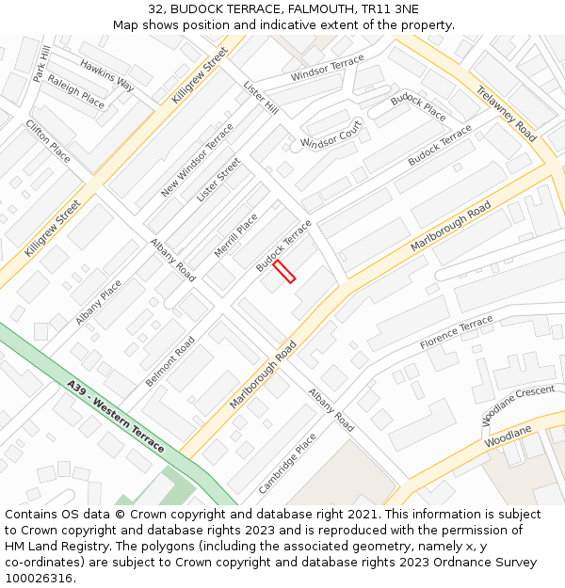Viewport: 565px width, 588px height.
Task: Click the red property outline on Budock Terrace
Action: pos(284,272)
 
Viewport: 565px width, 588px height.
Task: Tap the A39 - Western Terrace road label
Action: pos(116,415)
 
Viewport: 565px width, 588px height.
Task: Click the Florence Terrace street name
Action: pos(456,333)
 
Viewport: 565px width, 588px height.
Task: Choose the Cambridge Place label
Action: pos(287,463)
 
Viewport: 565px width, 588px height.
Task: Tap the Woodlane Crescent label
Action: pos(519,404)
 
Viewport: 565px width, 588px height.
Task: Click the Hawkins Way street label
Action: pos(106,75)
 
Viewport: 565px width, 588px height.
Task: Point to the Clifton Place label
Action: pos(48,140)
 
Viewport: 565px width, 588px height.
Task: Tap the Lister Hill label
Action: pos(261,98)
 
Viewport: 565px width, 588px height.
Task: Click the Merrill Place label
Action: pos(235,235)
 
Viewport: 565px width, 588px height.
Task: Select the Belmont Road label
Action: pos(170,361)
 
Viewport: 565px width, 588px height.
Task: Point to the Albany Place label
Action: pos(99,302)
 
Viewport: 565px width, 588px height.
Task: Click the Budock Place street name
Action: pos(418,106)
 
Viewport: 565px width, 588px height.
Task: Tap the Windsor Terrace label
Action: pos(327,68)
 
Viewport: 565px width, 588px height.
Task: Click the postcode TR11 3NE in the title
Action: pos(393,9)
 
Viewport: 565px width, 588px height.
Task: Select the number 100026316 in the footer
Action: pos(39,578)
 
